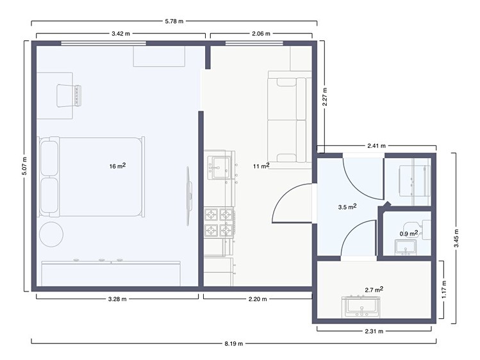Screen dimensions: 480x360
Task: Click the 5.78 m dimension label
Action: point(174,21)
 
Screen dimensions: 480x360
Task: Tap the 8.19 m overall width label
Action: point(234,343)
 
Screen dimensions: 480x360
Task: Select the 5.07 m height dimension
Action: point(24,166)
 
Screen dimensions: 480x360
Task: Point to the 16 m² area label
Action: point(117,166)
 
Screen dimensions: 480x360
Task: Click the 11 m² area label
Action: point(261,166)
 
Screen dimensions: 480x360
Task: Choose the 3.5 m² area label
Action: point(347,207)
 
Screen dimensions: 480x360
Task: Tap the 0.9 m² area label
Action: point(409,233)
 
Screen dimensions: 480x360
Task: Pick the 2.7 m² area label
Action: point(374,289)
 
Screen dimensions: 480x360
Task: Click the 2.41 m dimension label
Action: point(376,146)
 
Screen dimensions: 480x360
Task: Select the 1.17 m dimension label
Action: point(444,290)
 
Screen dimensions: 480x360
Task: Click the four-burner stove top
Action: point(219,222)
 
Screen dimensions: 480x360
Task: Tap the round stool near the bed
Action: point(51,234)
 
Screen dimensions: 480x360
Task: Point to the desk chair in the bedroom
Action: point(69,95)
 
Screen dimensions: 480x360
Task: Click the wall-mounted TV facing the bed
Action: point(190,196)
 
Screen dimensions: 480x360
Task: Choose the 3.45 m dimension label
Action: point(456,238)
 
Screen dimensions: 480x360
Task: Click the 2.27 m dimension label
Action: point(324,97)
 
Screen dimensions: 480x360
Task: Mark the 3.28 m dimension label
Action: point(117,299)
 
